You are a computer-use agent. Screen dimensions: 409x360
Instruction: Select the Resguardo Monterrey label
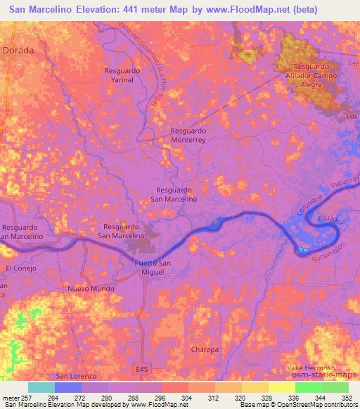pos(188,136)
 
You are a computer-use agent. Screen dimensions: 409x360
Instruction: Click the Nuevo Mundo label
pos(91,289)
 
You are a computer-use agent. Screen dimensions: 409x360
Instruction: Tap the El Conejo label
pos(20,268)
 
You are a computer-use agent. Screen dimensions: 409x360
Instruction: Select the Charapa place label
pos(205,349)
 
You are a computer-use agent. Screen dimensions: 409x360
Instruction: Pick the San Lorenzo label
pos(75,377)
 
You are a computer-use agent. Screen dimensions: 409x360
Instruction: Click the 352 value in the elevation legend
pos(346,397)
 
